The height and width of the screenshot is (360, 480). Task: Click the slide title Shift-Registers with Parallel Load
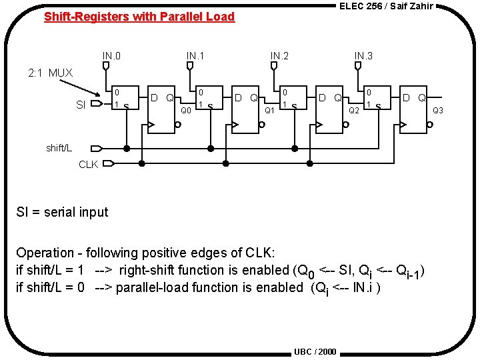[x=139, y=17]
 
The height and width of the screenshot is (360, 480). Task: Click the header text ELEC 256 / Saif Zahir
[x=386, y=6]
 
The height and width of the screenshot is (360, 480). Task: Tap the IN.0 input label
[x=111, y=55]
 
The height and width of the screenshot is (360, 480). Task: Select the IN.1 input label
[x=195, y=55]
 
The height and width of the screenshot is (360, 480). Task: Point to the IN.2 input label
[x=279, y=55]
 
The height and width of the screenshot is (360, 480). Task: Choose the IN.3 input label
[x=363, y=55]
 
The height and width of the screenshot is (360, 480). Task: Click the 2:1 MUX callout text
[x=50, y=73]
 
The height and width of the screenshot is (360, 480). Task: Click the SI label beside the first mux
[x=81, y=105]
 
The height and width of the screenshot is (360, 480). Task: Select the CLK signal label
[x=89, y=164]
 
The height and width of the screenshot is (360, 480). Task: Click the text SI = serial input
[x=62, y=212]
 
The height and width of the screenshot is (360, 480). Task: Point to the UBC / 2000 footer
[x=315, y=351]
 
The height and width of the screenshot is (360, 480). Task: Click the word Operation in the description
[x=45, y=253]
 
